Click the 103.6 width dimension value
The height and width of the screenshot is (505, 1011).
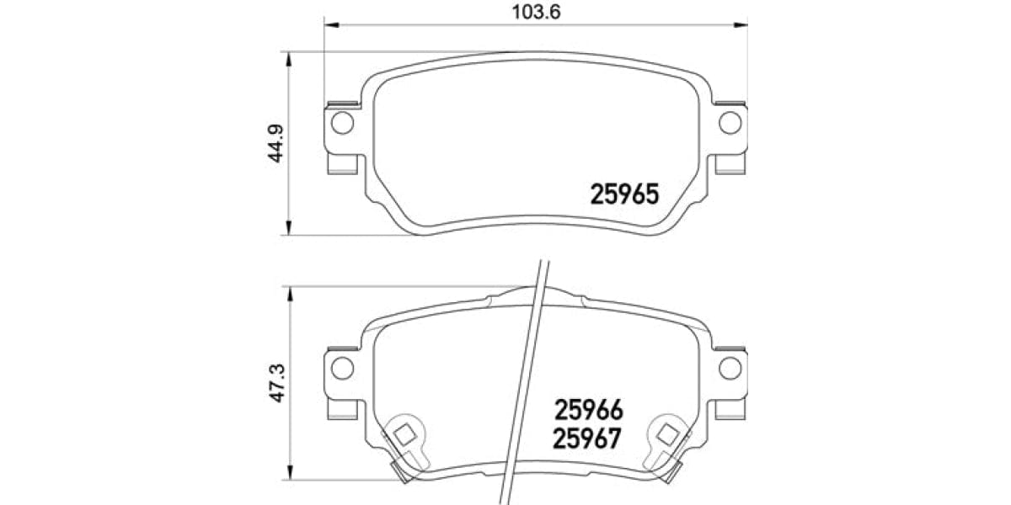pos(537,12)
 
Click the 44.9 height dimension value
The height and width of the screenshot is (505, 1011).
pos(275,144)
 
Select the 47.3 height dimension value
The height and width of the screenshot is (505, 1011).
pos(275,381)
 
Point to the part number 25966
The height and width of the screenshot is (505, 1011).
pos(588,410)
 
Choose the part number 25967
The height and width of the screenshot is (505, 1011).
pos(588,439)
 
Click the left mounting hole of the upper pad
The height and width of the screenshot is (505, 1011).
pos(342,123)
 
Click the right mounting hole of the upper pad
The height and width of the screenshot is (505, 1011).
pos(730,123)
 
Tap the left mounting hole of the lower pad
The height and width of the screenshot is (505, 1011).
pos(342,367)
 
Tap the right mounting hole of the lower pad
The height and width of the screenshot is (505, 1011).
pos(730,367)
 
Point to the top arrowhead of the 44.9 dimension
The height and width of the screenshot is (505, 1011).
pos(290,58)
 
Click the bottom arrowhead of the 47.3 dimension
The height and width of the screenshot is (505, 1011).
pos(290,479)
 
